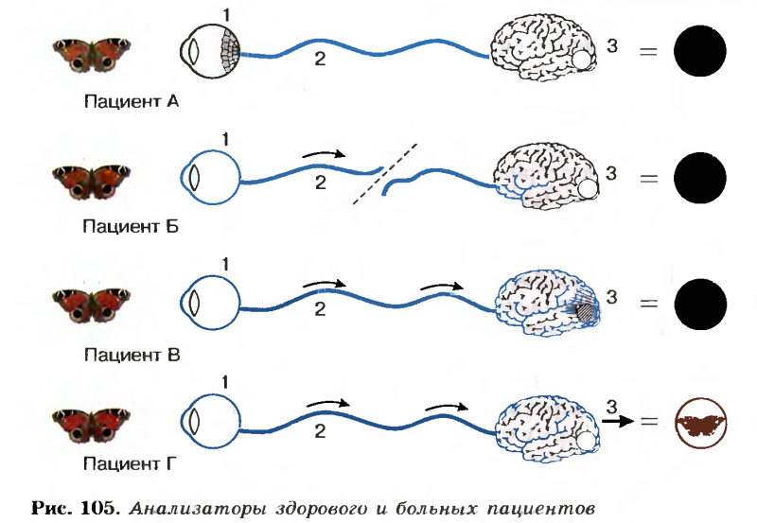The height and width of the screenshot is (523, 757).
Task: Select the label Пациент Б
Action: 124,226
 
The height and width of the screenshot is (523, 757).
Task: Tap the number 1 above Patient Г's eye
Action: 225,382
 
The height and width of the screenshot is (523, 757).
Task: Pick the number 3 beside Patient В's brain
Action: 611,298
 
